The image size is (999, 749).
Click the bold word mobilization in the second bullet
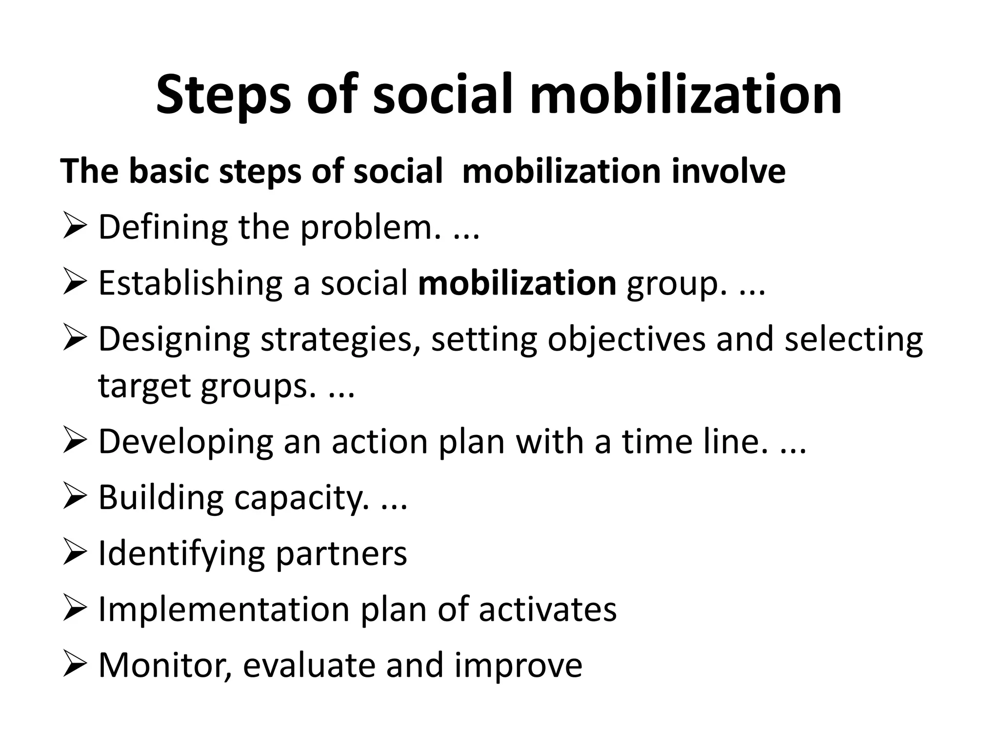coord(517,283)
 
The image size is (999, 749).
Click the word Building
coord(161,498)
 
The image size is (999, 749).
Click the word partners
coord(341,554)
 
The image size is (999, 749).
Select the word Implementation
coord(224,610)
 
